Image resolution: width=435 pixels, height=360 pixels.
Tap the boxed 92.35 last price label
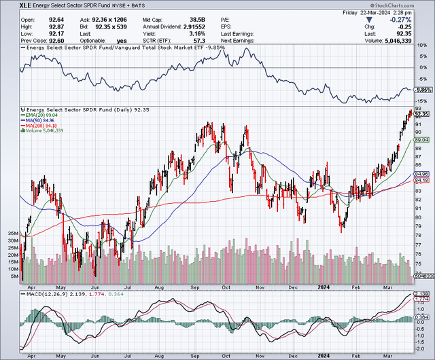point(423,114)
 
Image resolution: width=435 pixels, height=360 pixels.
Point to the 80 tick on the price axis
point(419,217)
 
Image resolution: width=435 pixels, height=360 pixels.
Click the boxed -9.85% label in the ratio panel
point(423,89)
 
